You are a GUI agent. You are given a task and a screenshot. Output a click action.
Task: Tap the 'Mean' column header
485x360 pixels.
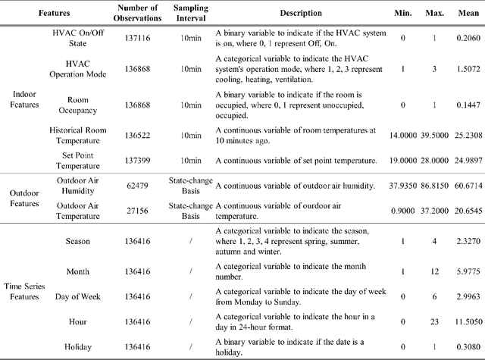click(465, 13)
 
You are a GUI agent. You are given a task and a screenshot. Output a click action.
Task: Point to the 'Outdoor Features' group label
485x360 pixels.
click(24, 198)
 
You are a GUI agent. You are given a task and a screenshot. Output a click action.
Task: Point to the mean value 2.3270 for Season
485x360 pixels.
click(465, 240)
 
